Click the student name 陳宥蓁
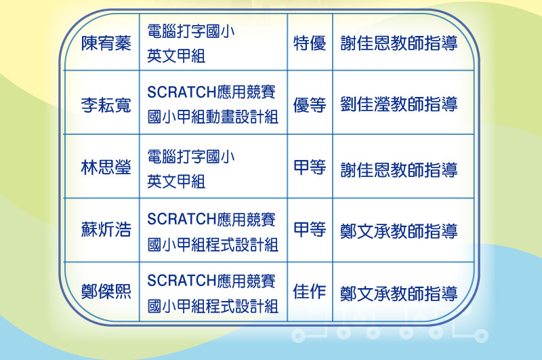pos(106,43)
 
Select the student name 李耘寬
pos(106,105)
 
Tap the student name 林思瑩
pos(106,167)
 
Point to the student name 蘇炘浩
pos(106,229)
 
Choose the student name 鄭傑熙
pos(106,291)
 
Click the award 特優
pos(310,43)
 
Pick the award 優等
pos(310,105)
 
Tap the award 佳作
pos(310,291)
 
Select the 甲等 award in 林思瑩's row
pos(310,167)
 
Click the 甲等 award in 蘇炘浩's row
pos(310,229)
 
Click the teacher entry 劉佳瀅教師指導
pos(399,104)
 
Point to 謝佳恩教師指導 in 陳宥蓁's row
pos(399,43)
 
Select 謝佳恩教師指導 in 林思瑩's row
pos(399,169)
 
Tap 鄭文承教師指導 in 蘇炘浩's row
pos(399,231)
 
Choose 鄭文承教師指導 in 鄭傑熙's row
pos(399,294)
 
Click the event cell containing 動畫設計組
pos(213,104)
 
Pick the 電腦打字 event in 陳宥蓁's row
pos(191,43)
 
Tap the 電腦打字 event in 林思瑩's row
pos(191,169)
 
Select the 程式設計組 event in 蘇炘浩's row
pos(213,232)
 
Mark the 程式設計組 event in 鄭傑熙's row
pos(213,294)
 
